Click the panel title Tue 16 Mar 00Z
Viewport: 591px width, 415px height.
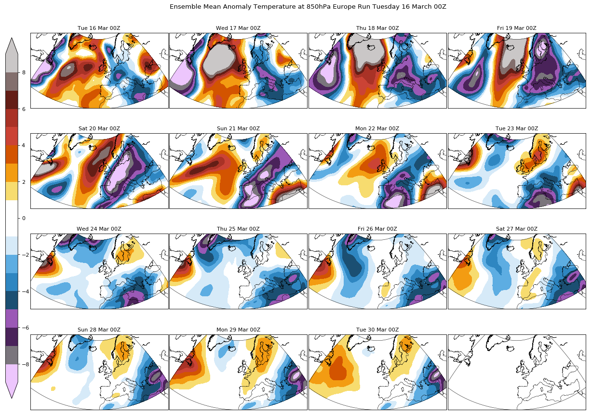99,28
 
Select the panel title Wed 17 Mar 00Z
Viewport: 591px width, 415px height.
238,28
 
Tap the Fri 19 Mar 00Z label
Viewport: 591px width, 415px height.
517,28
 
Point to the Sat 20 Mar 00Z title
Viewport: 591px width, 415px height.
99,129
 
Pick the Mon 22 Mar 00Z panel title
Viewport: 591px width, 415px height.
377,129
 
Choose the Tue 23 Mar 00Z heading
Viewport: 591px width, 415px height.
517,129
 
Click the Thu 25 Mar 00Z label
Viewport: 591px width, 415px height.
238,229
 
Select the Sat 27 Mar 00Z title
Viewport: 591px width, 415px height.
517,229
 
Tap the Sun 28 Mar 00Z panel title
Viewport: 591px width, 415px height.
99,330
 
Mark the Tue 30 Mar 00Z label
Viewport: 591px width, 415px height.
377,330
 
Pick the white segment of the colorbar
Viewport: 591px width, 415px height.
12,218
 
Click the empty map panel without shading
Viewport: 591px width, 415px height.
517,372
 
